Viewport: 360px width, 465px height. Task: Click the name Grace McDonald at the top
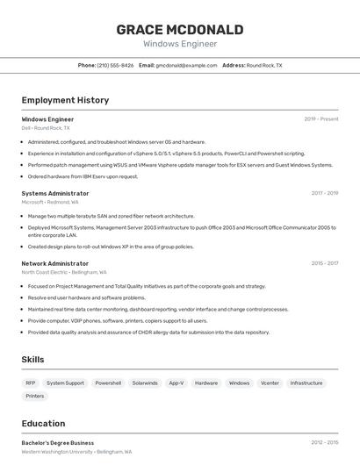point(179,29)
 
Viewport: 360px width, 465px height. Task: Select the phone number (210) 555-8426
point(115,65)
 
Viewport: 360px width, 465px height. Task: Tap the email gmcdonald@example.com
point(186,65)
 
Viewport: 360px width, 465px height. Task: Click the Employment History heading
point(65,100)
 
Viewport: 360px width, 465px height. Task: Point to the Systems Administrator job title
point(55,193)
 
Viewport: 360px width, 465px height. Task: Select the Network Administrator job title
point(55,263)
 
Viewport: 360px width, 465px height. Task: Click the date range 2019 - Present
point(320,118)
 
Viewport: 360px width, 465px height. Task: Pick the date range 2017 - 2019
point(324,193)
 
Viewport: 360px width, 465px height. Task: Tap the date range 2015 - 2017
point(324,263)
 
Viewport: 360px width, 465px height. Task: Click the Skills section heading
point(32,360)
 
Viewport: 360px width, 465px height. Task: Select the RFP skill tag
point(31,383)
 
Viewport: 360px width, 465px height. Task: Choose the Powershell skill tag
point(108,383)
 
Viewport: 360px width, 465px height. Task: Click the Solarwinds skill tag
point(145,383)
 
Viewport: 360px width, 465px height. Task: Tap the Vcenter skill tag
point(270,383)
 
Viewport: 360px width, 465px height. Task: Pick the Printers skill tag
point(35,396)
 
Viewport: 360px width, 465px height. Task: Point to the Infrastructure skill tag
point(306,383)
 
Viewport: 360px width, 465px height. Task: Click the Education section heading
point(43,424)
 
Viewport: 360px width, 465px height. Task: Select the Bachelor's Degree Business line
point(57,443)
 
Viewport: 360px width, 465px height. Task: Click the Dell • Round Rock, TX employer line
point(46,128)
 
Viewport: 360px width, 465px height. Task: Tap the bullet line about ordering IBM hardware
point(83,176)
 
